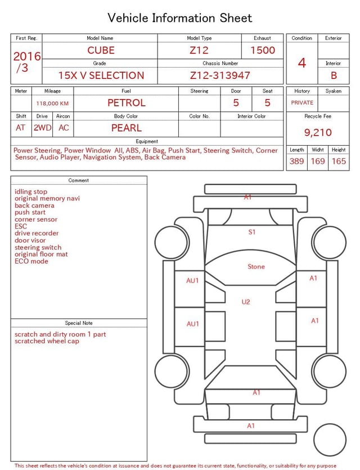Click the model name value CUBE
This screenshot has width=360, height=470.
[101, 50]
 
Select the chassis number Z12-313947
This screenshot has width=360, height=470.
[220, 75]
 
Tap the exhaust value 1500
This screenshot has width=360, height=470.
[263, 50]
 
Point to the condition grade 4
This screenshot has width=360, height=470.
[302, 63]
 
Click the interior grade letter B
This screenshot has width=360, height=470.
[334, 75]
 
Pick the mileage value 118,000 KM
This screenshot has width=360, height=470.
[52, 104]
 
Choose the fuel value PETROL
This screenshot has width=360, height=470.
[127, 103]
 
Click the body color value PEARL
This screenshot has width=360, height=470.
[127, 128]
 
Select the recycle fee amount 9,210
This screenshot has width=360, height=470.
[318, 132]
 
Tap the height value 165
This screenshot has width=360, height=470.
[339, 161]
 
